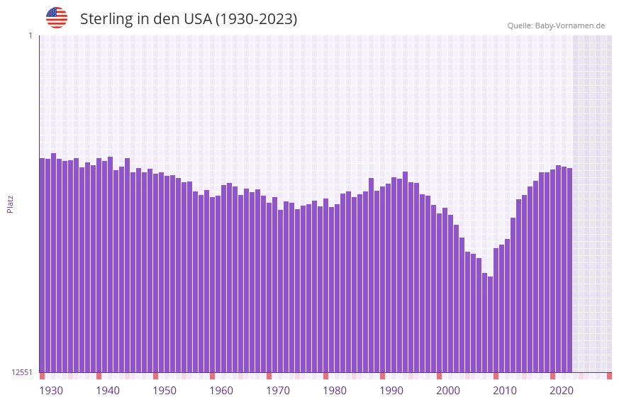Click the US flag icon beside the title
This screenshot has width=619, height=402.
(57, 18)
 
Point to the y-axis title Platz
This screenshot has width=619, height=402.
(10, 203)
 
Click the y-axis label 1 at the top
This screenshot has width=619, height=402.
(30, 35)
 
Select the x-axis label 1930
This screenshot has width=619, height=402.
(51, 391)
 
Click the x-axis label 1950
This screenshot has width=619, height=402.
(164, 391)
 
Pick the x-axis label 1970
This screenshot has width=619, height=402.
(278, 391)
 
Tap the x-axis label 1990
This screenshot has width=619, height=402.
(391, 391)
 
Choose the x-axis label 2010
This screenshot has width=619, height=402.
(505, 391)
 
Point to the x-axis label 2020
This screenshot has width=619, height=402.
(562, 391)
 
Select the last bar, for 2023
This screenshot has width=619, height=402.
(569, 269)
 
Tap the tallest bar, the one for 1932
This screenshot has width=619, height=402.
(53, 262)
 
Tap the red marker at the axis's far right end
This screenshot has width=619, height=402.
(609, 376)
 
